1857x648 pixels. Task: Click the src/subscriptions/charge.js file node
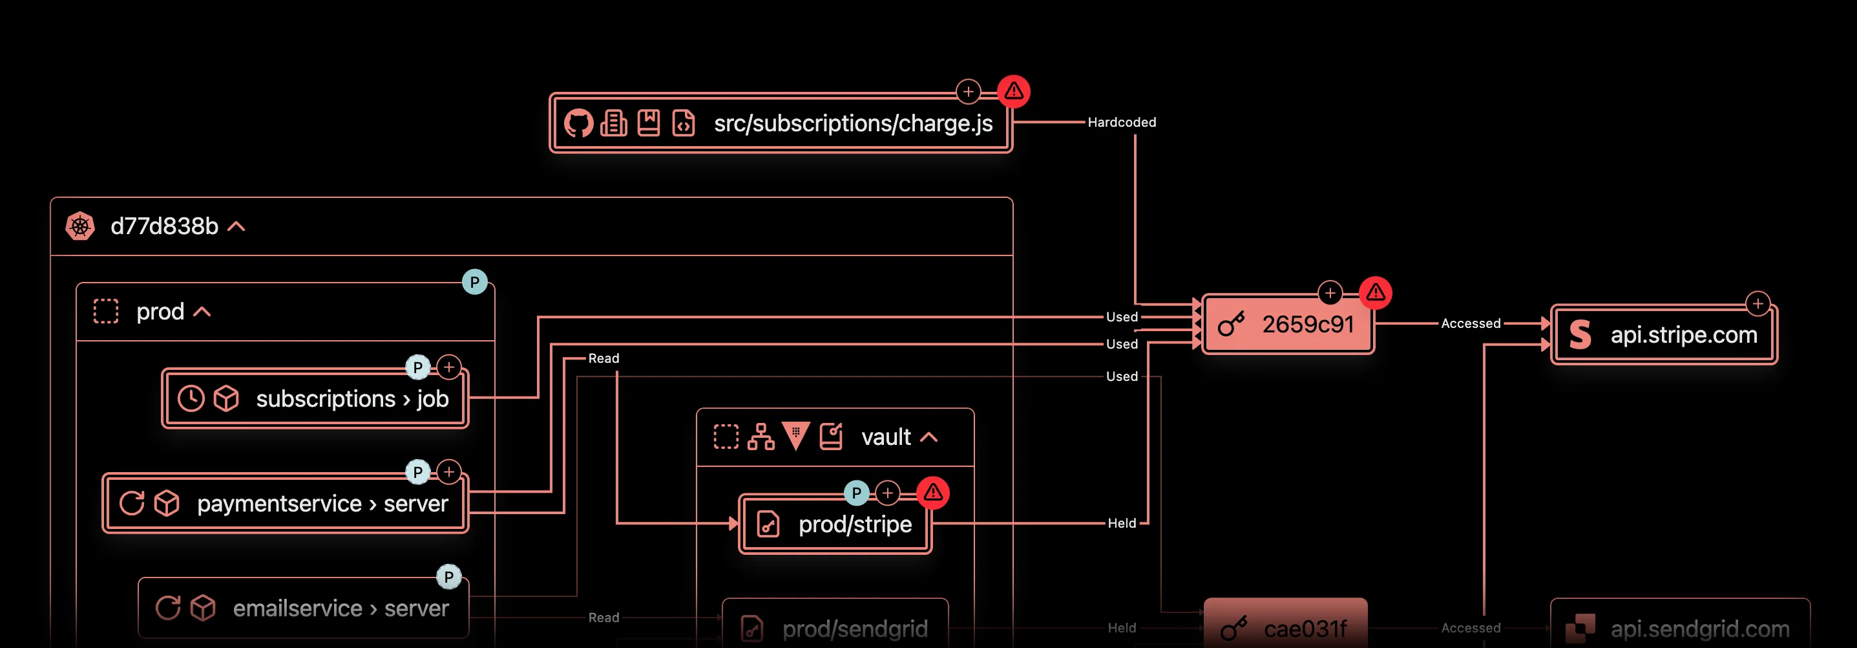[852, 124]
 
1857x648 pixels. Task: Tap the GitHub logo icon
[578, 124]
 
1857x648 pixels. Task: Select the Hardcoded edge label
[1121, 123]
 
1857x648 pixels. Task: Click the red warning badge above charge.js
[1014, 92]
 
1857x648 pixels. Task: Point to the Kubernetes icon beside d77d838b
[80, 226]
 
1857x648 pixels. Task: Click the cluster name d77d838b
[164, 226]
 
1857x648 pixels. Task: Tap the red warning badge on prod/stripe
[933, 493]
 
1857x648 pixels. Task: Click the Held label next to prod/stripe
[1121, 523]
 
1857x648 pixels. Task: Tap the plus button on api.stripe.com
[1757, 304]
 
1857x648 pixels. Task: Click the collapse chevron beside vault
[929, 437]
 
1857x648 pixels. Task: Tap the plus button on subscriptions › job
[449, 367]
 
